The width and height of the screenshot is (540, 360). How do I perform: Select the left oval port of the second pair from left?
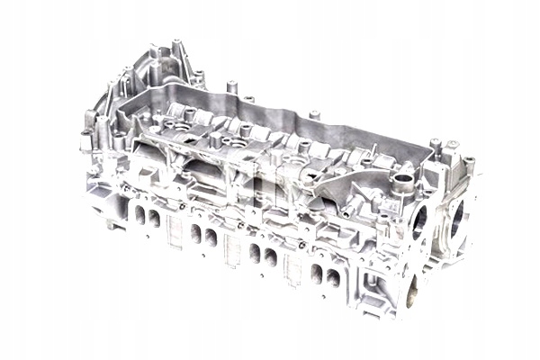pos(196,234)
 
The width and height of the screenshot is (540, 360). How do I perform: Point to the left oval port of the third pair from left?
pos(255,253)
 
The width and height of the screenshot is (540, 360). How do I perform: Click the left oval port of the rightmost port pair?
pos(317,273)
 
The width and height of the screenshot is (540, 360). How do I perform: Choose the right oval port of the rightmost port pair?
pos(331,277)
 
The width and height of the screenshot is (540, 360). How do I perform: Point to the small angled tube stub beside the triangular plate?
pos(368,155)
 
